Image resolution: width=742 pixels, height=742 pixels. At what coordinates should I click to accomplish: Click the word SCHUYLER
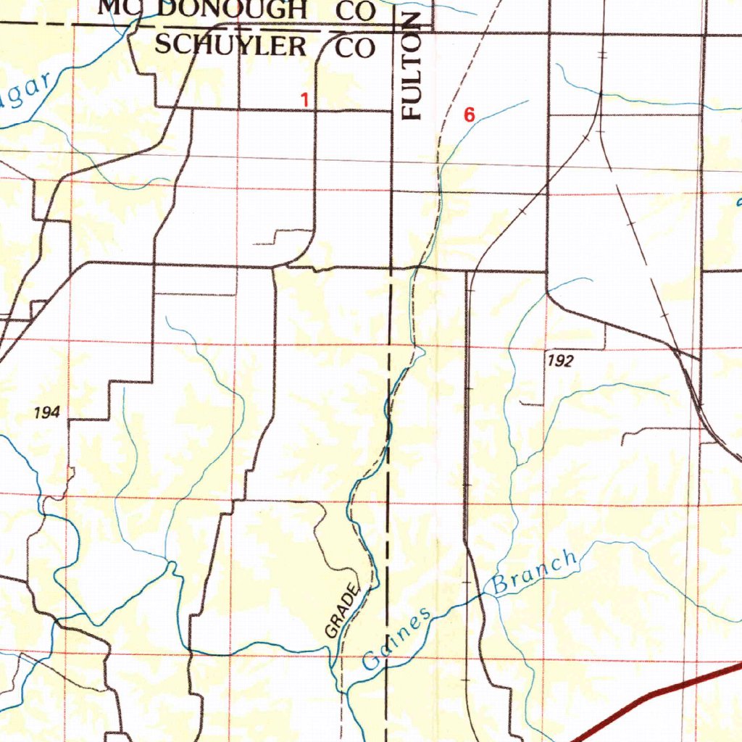230,45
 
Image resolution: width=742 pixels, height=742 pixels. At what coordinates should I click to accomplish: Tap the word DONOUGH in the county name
231,9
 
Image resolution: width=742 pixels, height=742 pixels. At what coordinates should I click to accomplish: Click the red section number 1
306,100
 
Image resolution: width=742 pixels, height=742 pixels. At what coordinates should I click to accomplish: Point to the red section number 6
470,114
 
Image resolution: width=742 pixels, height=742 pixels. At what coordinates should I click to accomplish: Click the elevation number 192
560,361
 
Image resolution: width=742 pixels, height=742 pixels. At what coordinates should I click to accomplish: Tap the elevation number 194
46,413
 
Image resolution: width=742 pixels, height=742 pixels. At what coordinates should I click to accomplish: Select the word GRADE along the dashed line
342,610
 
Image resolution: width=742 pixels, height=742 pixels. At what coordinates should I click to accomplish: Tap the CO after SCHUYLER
355,48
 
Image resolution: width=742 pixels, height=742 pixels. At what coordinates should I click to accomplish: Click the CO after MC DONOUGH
355,10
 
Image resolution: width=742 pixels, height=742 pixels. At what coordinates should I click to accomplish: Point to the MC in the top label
116,8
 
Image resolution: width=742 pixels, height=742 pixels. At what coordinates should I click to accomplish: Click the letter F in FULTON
412,110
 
